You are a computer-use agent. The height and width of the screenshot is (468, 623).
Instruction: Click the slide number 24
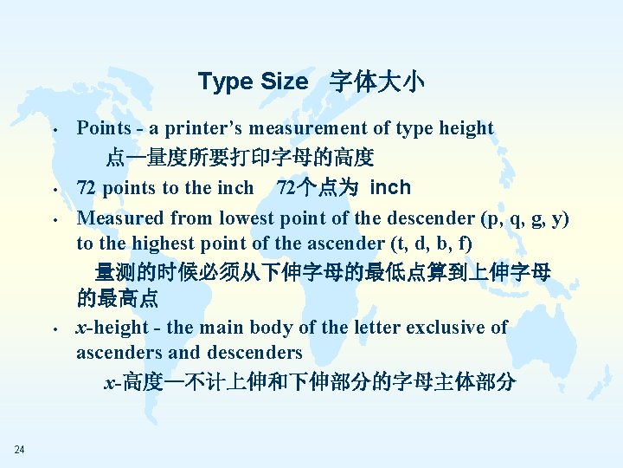pos(19,448)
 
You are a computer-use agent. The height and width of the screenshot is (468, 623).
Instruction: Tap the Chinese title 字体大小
pos(377,81)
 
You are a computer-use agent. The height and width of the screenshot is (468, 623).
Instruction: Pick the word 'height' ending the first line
pos(466,128)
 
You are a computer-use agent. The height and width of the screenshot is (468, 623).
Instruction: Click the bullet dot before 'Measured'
pos(54,219)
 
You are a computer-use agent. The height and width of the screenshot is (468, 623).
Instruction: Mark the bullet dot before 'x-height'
pos(54,329)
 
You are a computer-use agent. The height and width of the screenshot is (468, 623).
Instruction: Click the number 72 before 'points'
pos(86,188)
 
